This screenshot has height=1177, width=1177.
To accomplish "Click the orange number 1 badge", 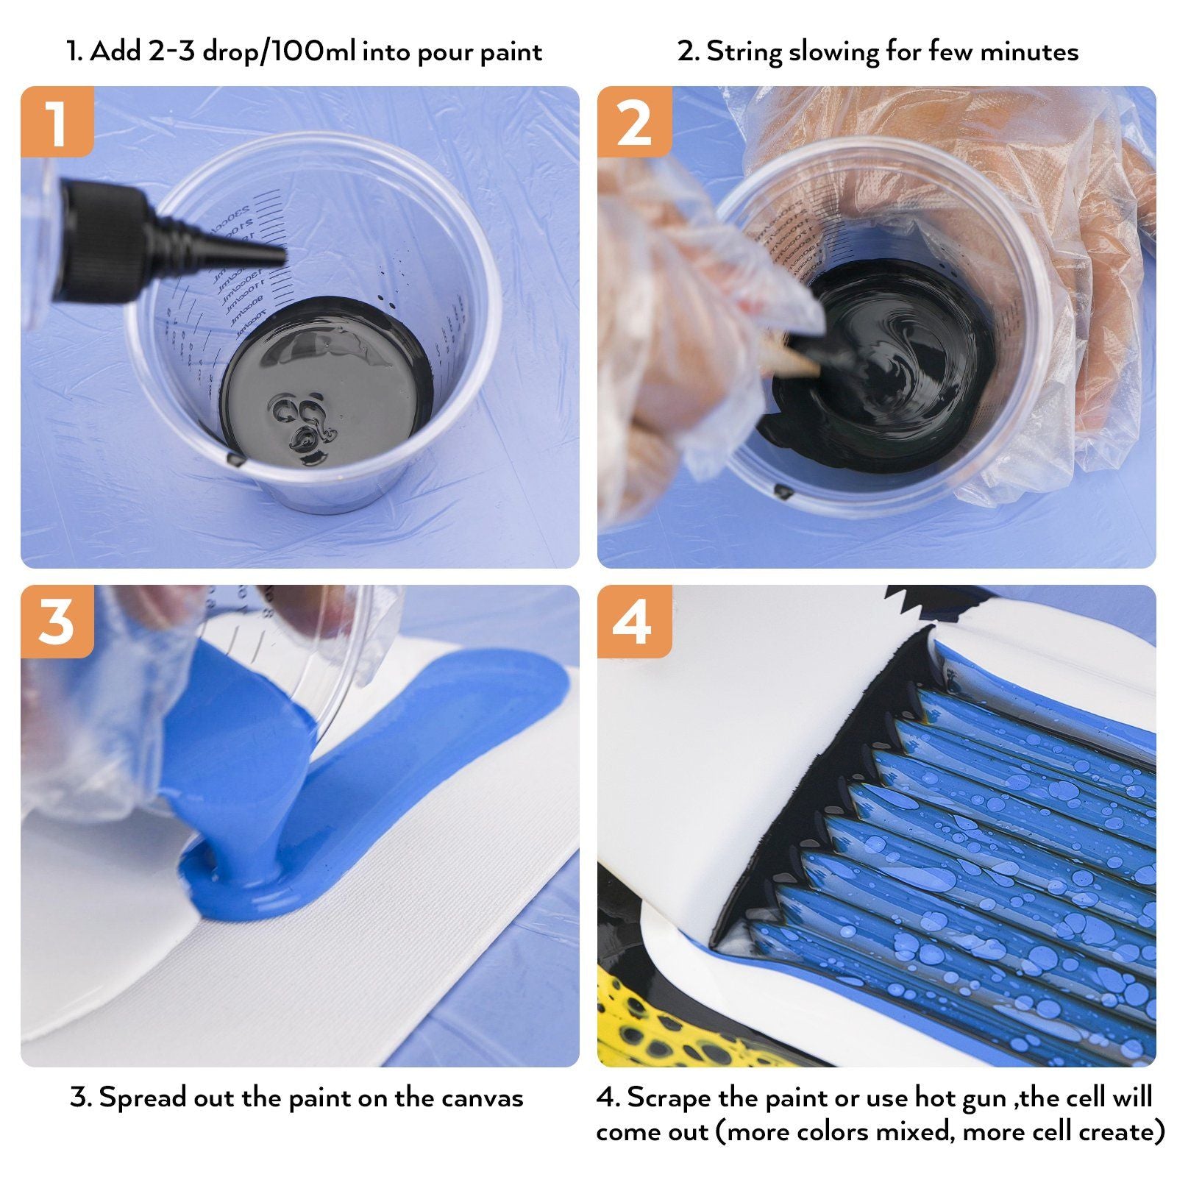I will click(x=57, y=121).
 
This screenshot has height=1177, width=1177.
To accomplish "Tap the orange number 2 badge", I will click(x=633, y=121).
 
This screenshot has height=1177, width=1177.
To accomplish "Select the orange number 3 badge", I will click(x=57, y=622).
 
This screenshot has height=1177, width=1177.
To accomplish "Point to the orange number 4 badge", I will click(x=633, y=622).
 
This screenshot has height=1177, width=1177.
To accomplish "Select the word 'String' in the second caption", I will click(x=744, y=52).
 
